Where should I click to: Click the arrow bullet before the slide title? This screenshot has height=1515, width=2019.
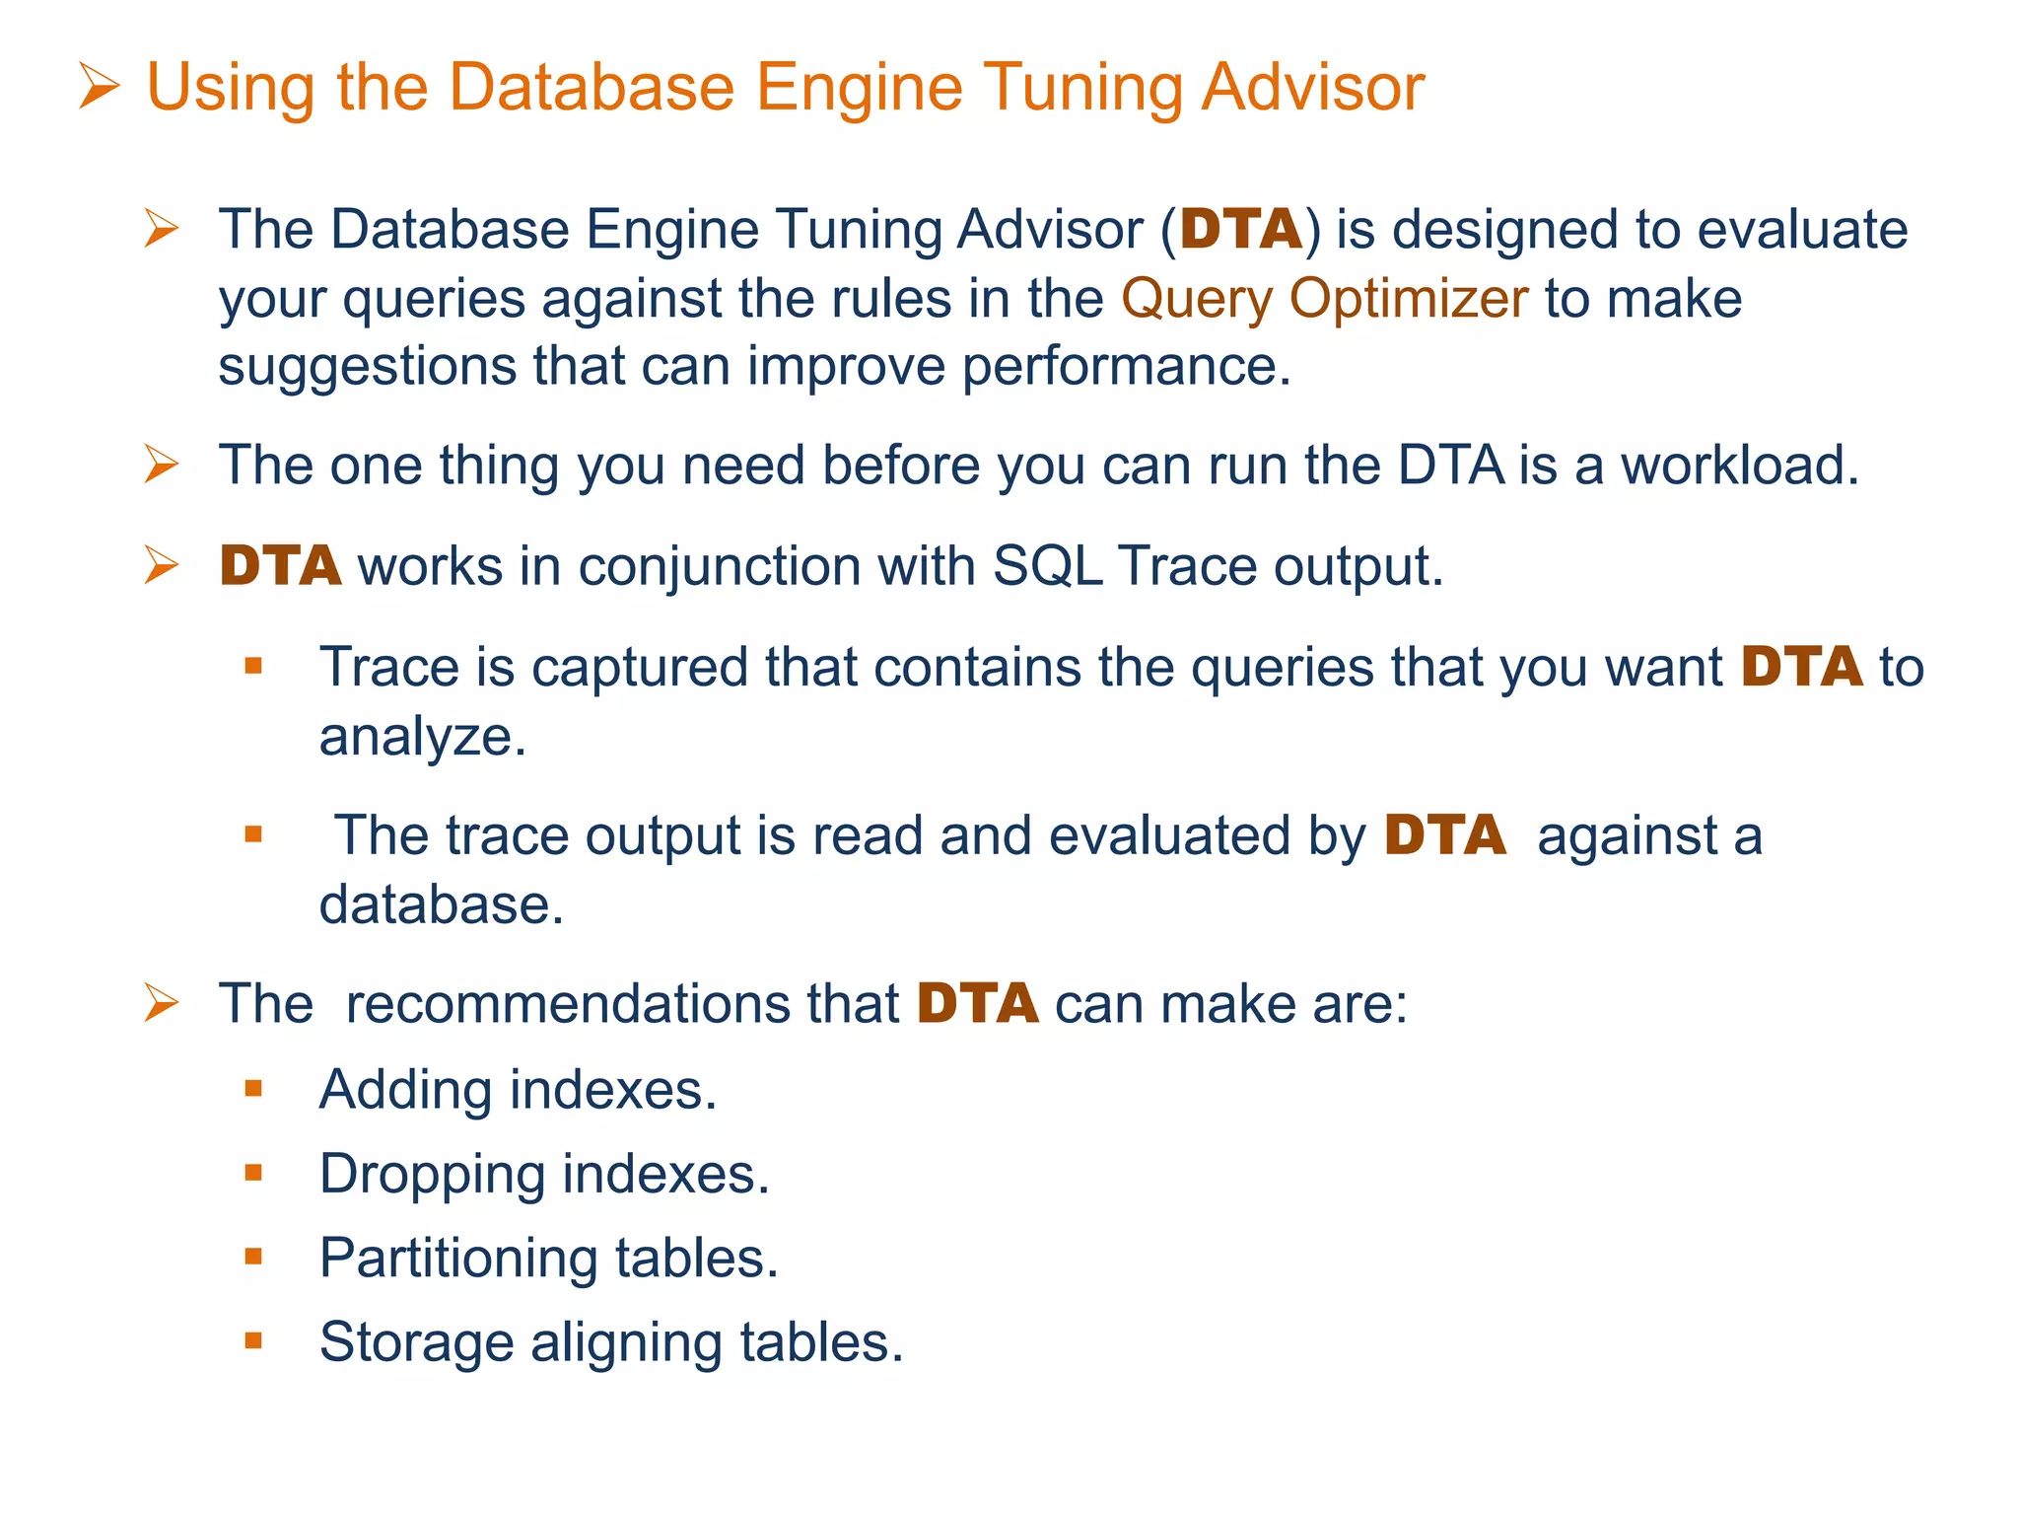tap(99, 87)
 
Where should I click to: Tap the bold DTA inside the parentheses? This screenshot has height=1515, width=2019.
tap(1241, 230)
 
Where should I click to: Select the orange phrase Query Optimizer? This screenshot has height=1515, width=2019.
tap(1324, 299)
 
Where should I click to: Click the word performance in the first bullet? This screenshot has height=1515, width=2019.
tap(1125, 367)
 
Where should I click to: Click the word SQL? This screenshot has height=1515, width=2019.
tap(1047, 567)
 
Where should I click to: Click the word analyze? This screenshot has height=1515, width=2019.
tap(421, 738)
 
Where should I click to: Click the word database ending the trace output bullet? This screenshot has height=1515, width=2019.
tap(440, 905)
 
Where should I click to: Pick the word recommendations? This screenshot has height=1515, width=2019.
tap(621, 1005)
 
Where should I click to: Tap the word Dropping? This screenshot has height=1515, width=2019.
tap(432, 1175)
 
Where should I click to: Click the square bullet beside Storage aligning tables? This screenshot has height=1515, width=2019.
tap(253, 1341)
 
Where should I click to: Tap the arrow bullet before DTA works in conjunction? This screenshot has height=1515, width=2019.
tap(161, 565)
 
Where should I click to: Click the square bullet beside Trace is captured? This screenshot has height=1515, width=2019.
tap(253, 667)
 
